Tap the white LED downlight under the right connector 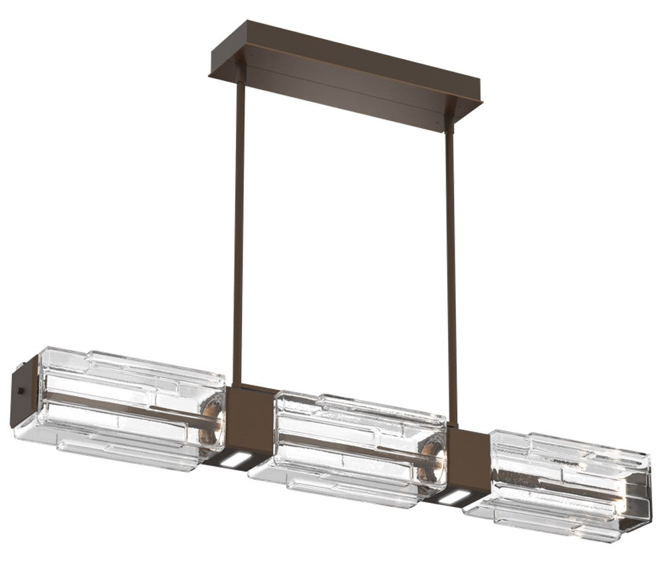pyautogui.click(x=452, y=497)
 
